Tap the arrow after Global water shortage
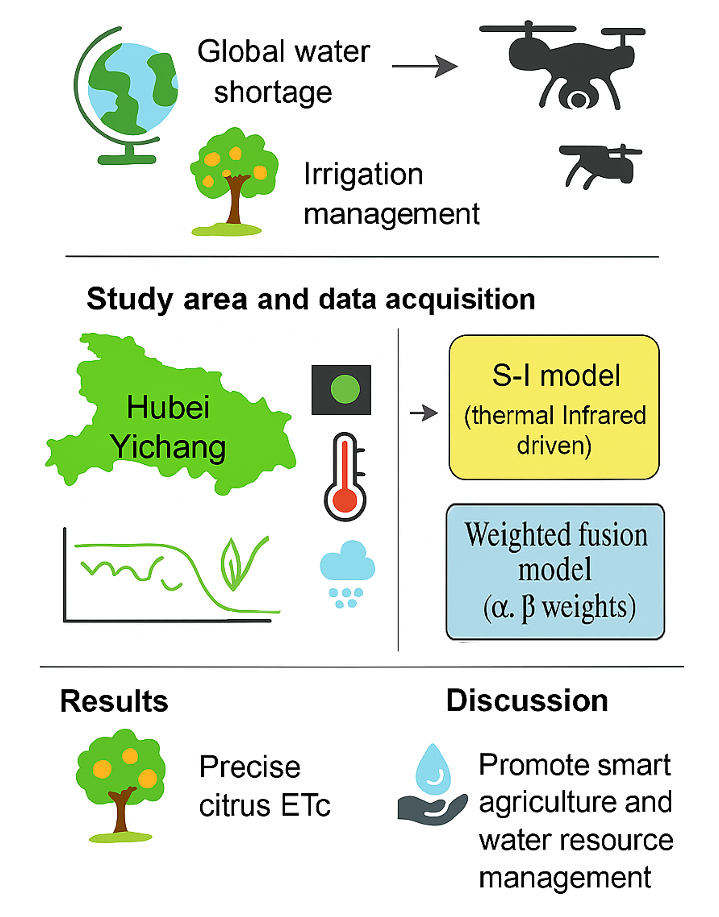click(x=424, y=66)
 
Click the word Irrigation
click(x=363, y=174)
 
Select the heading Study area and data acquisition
click(x=311, y=299)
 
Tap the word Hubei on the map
click(x=168, y=407)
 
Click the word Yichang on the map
click(x=168, y=446)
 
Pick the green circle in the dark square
click(x=344, y=389)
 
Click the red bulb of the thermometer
click(x=345, y=501)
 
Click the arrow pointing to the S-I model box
click(x=424, y=413)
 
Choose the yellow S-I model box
click(x=554, y=407)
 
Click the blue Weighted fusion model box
click(x=555, y=572)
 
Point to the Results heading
click(x=114, y=701)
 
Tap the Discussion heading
click(x=527, y=700)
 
